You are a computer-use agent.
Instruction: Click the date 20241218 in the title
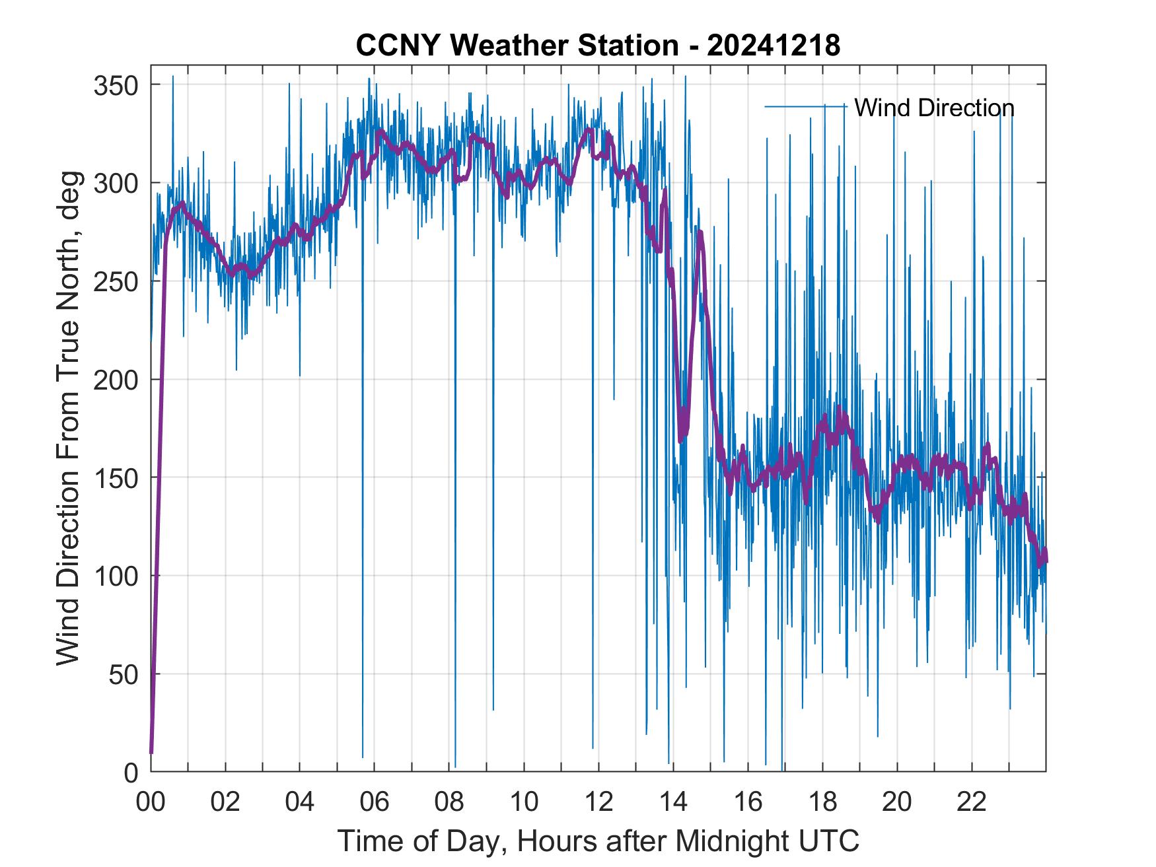tap(774, 46)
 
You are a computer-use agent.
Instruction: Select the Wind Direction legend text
tap(934, 108)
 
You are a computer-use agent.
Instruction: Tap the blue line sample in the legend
tap(805, 106)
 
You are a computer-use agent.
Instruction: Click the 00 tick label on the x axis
tap(151, 802)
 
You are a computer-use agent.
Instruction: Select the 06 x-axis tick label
tap(375, 802)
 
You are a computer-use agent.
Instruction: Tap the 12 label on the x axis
tap(598, 802)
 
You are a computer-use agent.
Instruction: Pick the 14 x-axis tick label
tap(673, 802)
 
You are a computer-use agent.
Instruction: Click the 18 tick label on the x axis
tap(822, 802)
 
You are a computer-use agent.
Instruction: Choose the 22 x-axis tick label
tap(972, 802)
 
